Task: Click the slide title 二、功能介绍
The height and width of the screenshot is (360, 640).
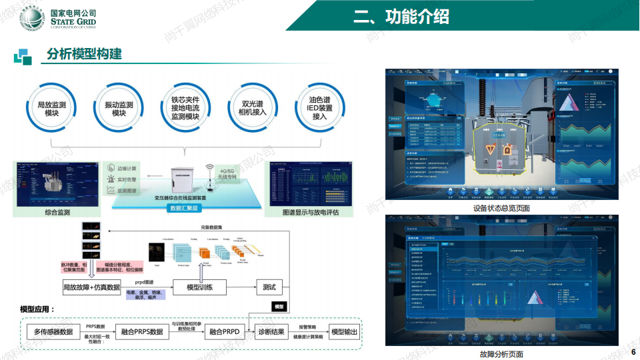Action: pos(401,16)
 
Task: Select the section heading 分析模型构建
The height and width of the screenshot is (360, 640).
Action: pos(84,54)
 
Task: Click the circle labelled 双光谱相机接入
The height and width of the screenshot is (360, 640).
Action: pos(253,109)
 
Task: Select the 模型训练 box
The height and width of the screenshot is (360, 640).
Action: pos(199,287)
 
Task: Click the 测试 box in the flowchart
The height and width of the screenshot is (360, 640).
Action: pos(269,287)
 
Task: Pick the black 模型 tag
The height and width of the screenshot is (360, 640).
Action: pos(279,307)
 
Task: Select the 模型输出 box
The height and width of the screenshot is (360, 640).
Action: pos(345,332)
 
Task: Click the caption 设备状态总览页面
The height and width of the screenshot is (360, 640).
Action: pos(501,208)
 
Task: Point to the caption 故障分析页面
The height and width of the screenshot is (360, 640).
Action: pos(501,354)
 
